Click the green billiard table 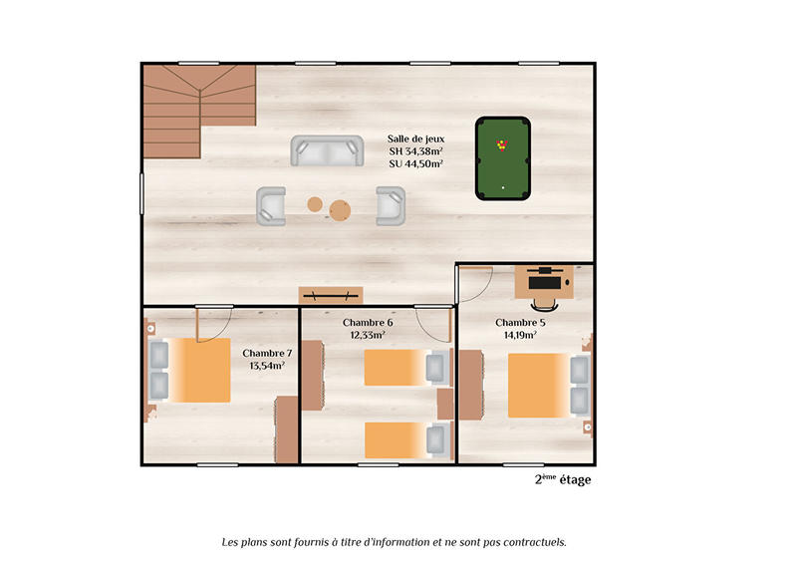[503, 157]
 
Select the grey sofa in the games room [326, 151]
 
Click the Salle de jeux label [415, 139]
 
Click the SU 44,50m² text [415, 164]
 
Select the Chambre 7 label [267, 353]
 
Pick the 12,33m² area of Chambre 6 [368, 336]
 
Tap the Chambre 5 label [520, 323]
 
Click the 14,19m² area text [520, 336]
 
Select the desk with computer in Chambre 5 [544, 282]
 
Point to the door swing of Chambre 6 [433, 325]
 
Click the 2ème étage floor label [563, 479]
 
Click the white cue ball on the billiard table [503, 187]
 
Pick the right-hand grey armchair [391, 206]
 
